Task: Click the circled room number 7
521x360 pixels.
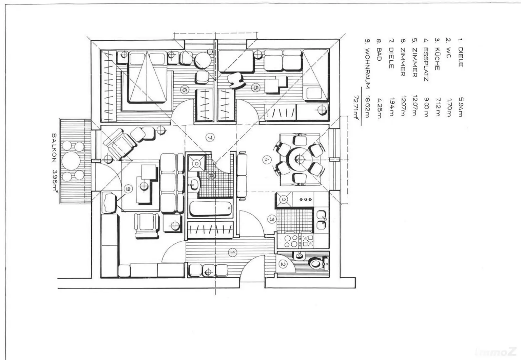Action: tap(210, 138)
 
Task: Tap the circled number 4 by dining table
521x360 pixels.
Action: tap(267, 159)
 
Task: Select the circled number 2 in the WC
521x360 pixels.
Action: tap(283, 264)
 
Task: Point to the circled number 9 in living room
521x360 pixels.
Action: tap(128, 189)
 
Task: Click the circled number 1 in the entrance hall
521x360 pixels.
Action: tap(232, 252)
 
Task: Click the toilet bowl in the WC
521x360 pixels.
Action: tap(316, 263)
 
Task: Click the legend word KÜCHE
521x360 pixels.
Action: tap(437, 59)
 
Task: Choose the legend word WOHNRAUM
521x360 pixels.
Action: tap(367, 68)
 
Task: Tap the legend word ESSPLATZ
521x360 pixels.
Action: tap(426, 64)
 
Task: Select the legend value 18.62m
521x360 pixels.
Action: tap(367, 107)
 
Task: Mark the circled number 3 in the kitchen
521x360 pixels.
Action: tap(272, 219)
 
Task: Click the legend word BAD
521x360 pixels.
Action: tap(379, 54)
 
